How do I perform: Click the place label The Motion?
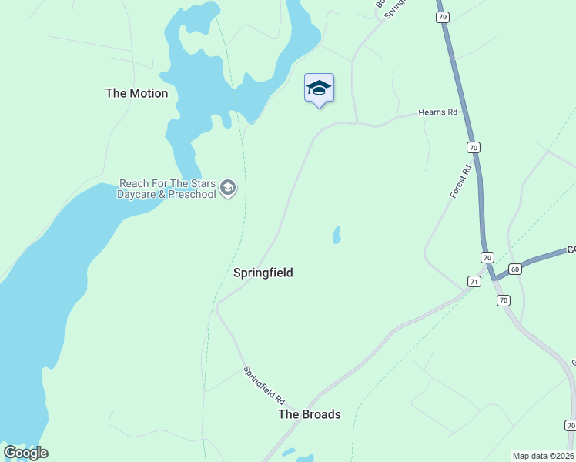pyautogui.click(x=136, y=93)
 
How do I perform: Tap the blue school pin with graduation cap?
pyautogui.click(x=319, y=89)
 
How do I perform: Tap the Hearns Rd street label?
pyautogui.click(x=437, y=112)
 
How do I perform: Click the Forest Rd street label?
pyautogui.click(x=460, y=182)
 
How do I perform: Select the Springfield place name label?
pyautogui.click(x=263, y=273)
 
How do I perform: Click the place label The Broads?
pyautogui.click(x=309, y=414)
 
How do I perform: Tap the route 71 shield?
pyautogui.click(x=474, y=282)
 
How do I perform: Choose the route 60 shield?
pyautogui.click(x=515, y=269)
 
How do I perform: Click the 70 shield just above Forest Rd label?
pyautogui.click(x=473, y=146)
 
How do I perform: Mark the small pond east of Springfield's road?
pyautogui.click(x=337, y=235)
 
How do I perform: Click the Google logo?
pyautogui.click(x=25, y=453)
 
